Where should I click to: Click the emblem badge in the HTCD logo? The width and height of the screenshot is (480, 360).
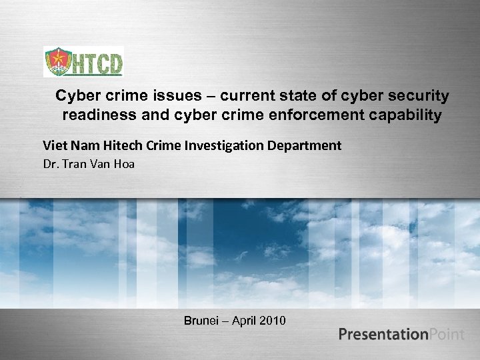[56, 62]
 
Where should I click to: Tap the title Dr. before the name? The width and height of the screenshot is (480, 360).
[51, 163]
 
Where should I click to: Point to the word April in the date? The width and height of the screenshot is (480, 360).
[247, 321]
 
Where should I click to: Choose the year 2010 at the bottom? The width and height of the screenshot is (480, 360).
[275, 321]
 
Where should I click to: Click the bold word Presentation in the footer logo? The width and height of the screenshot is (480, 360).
[383, 334]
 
